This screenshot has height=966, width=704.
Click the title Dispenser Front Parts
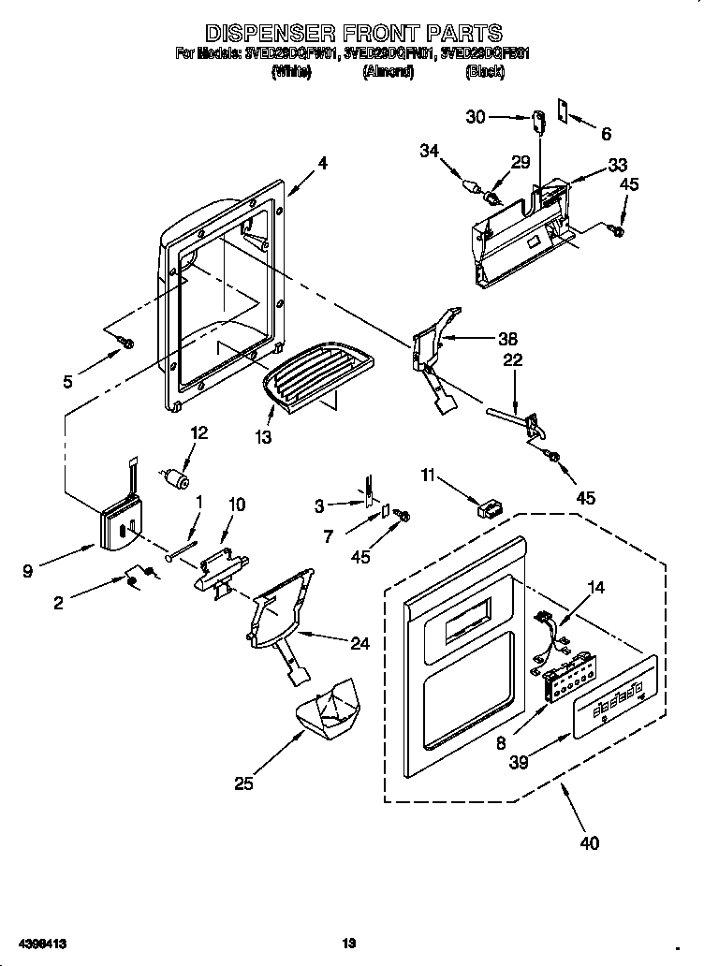(x=353, y=35)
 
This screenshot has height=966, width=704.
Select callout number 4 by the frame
(x=321, y=163)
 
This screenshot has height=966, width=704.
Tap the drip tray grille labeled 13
(x=315, y=373)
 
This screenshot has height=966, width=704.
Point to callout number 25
(x=243, y=783)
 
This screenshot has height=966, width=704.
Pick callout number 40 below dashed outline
(x=589, y=842)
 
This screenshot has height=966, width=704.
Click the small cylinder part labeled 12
(x=175, y=480)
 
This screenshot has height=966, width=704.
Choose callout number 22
(x=512, y=360)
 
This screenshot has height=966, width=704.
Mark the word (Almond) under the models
(x=388, y=71)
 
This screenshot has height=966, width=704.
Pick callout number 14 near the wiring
(x=595, y=588)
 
